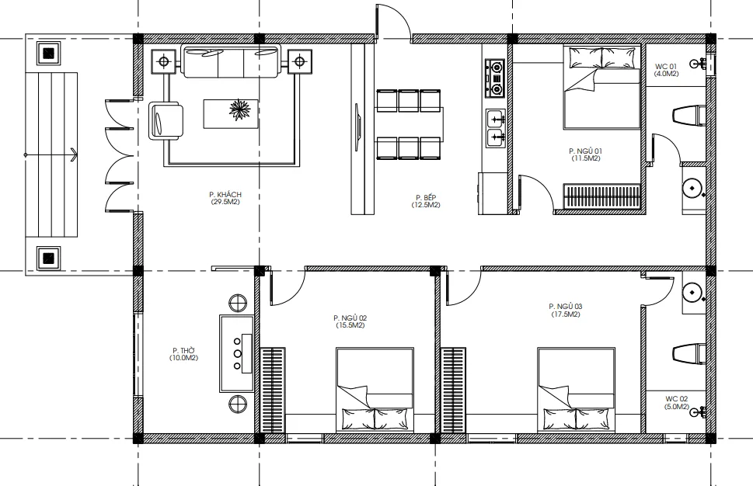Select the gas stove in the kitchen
[x=495, y=77]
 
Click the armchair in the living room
[x=166, y=120]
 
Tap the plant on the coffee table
[x=239, y=110]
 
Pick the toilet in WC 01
[x=689, y=116]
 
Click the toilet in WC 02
[x=689, y=354]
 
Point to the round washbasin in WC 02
[x=692, y=292]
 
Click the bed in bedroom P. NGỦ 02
[x=375, y=390]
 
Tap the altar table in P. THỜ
[x=237, y=353]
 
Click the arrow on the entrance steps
[x=51, y=154]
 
